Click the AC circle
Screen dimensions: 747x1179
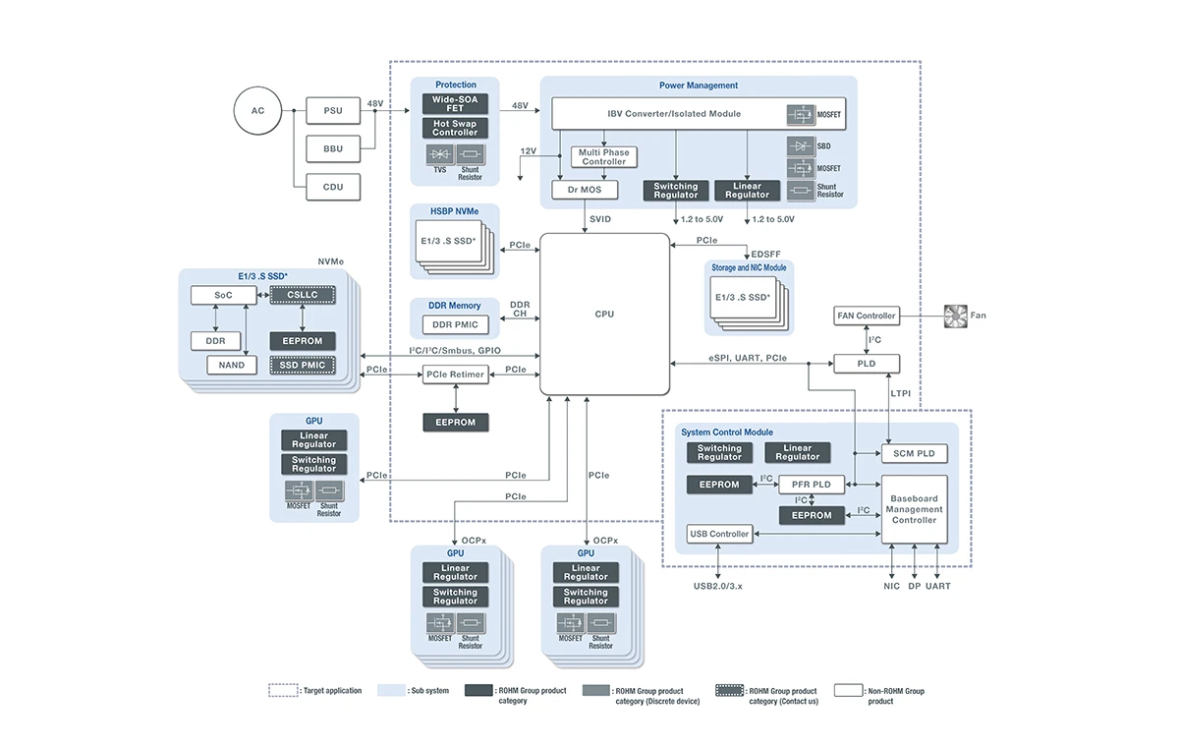coord(257,111)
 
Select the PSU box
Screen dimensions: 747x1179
coord(333,111)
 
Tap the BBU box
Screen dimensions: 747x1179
coord(333,149)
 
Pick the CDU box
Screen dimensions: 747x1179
coord(333,187)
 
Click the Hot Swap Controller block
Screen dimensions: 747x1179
coord(455,129)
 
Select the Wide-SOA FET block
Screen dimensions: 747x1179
coord(455,102)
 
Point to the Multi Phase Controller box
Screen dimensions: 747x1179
coord(603,157)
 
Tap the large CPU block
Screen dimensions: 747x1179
coord(604,315)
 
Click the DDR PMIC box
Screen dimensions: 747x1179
coord(455,324)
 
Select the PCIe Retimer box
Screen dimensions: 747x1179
coord(455,374)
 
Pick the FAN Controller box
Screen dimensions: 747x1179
coord(866,316)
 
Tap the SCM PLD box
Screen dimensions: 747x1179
coord(914,453)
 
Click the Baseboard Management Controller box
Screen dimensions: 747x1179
coord(914,510)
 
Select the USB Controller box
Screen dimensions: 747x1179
coord(719,534)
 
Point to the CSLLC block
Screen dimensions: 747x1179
coord(303,295)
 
